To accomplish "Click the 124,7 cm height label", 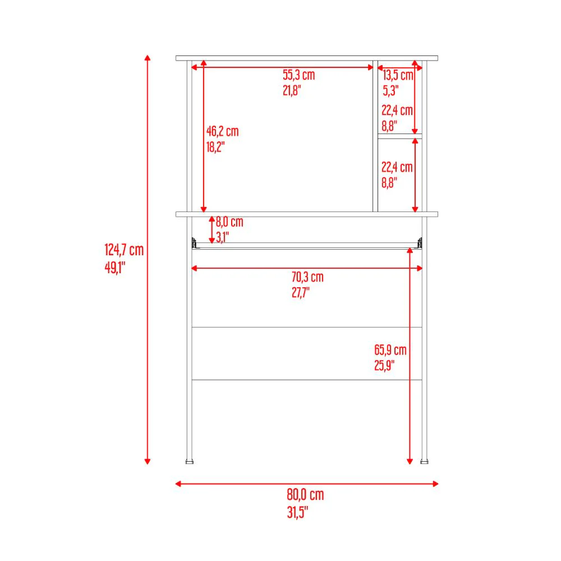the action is (124, 250).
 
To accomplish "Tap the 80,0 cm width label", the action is (305, 494).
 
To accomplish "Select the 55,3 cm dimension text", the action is (299, 75).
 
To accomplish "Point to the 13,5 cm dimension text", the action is (398, 75).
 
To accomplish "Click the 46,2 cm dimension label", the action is (222, 131).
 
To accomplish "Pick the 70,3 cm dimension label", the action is (307, 277).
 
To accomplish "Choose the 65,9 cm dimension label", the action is (390, 350).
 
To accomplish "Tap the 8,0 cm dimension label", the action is (229, 222).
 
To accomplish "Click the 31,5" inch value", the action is (297, 512).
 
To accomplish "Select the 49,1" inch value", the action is (115, 267).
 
